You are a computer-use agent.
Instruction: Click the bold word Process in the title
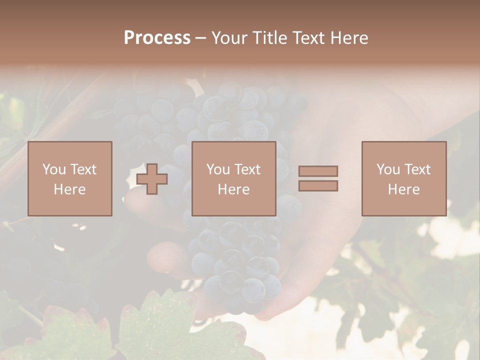(157, 37)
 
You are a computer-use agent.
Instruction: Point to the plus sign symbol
(152, 179)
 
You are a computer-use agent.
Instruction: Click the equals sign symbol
(318, 178)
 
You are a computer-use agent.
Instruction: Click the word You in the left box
(53, 169)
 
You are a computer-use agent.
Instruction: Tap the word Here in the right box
(403, 189)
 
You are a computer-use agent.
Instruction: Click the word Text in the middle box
(247, 169)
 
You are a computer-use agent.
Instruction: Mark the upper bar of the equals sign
(318, 171)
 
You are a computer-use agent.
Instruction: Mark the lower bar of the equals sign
(318, 185)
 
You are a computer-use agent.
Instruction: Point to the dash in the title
(201, 38)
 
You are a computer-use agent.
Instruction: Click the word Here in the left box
(69, 189)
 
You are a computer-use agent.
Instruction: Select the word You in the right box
(387, 169)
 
